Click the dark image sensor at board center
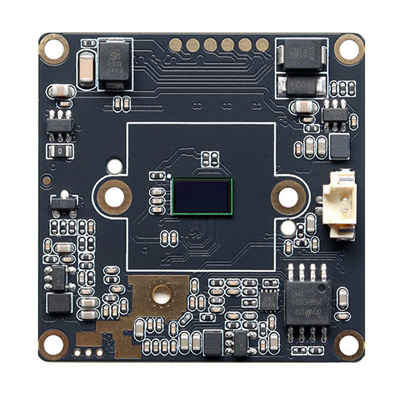point(201,197)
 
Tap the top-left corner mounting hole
point(54,48)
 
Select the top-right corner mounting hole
point(349,48)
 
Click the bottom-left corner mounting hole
point(53,344)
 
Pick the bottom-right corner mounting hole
point(349,344)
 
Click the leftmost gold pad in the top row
point(176,45)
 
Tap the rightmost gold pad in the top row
point(263,45)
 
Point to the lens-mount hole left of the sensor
point(114,196)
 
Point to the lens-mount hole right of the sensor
point(289,196)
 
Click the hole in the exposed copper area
point(162,294)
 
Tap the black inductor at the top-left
point(114,64)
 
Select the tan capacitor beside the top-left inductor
point(87,68)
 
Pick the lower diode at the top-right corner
point(302,85)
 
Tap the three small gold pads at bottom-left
point(89,351)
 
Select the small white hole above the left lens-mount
point(114,167)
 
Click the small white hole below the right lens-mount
point(288,227)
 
